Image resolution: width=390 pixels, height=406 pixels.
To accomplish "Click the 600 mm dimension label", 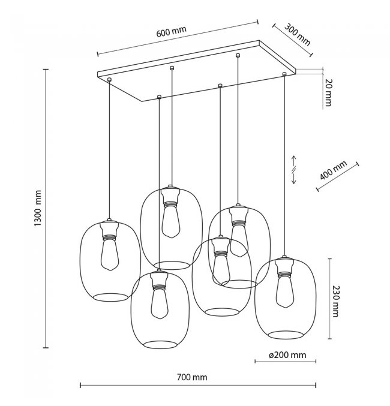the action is tap(171, 31).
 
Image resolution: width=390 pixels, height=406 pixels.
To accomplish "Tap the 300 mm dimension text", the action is tap(297, 35).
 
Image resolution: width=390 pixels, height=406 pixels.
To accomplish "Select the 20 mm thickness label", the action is tap(328, 92).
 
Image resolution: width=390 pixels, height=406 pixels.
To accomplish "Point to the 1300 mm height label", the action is tap(38, 208).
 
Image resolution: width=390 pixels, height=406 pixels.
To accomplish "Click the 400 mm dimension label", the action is tap(333, 170).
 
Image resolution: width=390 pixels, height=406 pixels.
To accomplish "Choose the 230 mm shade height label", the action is tap(335, 301).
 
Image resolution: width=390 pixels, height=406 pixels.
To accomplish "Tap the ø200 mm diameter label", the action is tap(287, 355).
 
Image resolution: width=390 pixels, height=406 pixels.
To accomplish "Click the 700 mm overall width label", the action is tap(192, 377).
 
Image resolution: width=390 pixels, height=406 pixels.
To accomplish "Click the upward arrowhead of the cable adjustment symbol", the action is tap(294, 158).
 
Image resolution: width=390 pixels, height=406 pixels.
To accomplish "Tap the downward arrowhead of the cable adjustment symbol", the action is tap(294, 181).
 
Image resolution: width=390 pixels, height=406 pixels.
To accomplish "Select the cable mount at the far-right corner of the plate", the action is tap(284, 74).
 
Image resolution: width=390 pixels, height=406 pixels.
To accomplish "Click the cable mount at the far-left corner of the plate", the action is tap(109, 80).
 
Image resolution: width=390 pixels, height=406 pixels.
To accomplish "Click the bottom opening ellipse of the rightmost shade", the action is tap(286, 335).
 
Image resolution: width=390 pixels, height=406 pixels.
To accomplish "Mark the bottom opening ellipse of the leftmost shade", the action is tap(110, 297).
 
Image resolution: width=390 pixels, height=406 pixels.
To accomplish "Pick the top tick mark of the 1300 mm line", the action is tap(46, 70).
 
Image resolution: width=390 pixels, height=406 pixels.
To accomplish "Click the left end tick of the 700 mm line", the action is tap(80, 385).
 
